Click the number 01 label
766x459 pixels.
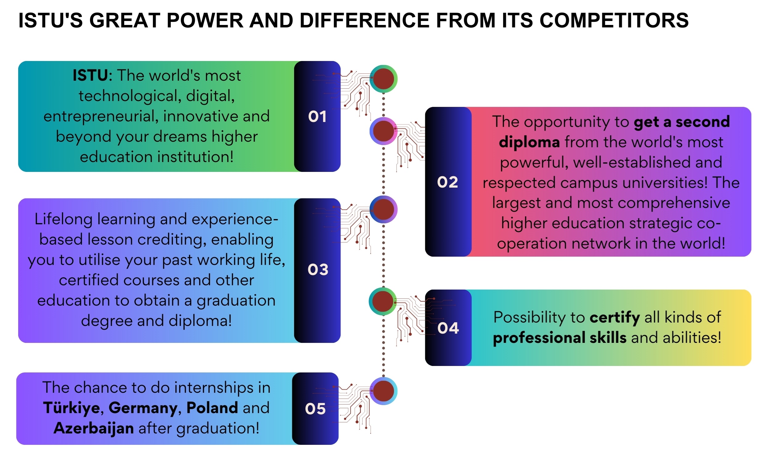[x=317, y=117]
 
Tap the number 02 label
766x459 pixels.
[x=448, y=182]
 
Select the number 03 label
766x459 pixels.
[x=318, y=270]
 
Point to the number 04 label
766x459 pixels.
[x=448, y=328]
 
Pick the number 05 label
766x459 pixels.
[x=315, y=408]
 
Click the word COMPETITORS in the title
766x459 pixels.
[x=614, y=20]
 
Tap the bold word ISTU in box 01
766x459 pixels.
[x=90, y=75]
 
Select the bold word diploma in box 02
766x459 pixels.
[x=529, y=142]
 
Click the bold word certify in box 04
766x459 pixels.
[x=615, y=318]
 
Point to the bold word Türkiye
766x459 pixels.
[x=72, y=408]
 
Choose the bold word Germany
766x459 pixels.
[x=143, y=408]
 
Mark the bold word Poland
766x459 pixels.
[x=212, y=408]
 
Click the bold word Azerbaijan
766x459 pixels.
[x=94, y=429]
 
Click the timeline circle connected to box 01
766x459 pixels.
[x=383, y=79]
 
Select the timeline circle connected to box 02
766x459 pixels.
[x=383, y=131]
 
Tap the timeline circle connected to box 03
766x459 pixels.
[x=383, y=209]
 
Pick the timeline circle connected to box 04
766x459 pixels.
[x=383, y=301]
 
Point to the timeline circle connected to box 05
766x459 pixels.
[x=383, y=391]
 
